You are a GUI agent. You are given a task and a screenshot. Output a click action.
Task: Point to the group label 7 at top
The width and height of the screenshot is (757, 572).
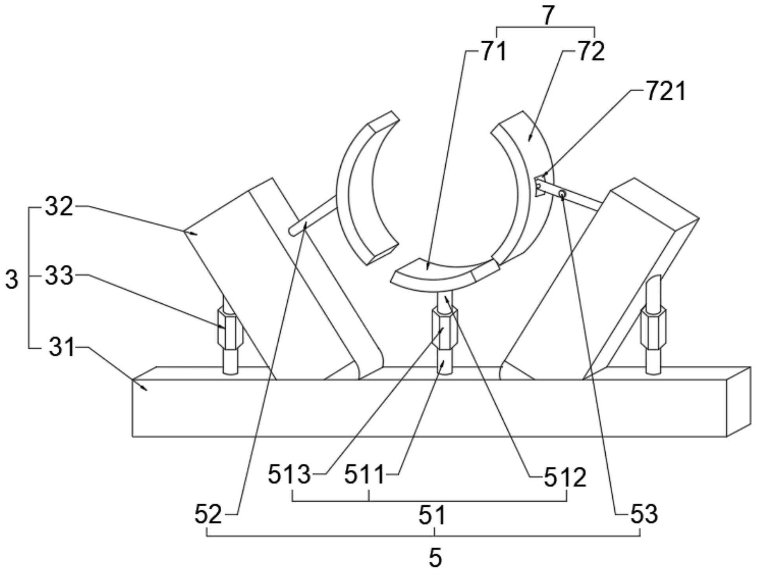pos(549,16)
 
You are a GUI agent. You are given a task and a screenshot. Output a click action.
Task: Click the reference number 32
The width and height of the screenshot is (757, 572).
pos(59,207)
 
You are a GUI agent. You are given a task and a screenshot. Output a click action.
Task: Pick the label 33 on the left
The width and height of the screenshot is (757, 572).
pos(59,276)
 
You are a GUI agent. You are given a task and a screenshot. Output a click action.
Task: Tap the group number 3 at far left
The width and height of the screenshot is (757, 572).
pos(12,280)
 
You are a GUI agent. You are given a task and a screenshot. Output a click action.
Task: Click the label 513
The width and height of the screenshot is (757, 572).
pos(289,475)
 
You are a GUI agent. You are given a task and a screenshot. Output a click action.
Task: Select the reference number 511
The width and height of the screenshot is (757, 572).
pos(364,475)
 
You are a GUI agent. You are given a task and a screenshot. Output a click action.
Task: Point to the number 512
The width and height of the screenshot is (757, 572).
pos(565,478)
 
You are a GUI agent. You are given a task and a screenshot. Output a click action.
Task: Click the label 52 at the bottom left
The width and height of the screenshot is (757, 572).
pos(208,515)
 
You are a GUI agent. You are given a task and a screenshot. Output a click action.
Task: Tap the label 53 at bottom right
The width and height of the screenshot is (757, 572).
pos(644,515)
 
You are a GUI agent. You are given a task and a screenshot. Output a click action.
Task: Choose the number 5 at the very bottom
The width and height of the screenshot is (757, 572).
pos(435,557)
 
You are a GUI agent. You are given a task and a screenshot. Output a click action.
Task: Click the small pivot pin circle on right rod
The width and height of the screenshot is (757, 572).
pos(562,194)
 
